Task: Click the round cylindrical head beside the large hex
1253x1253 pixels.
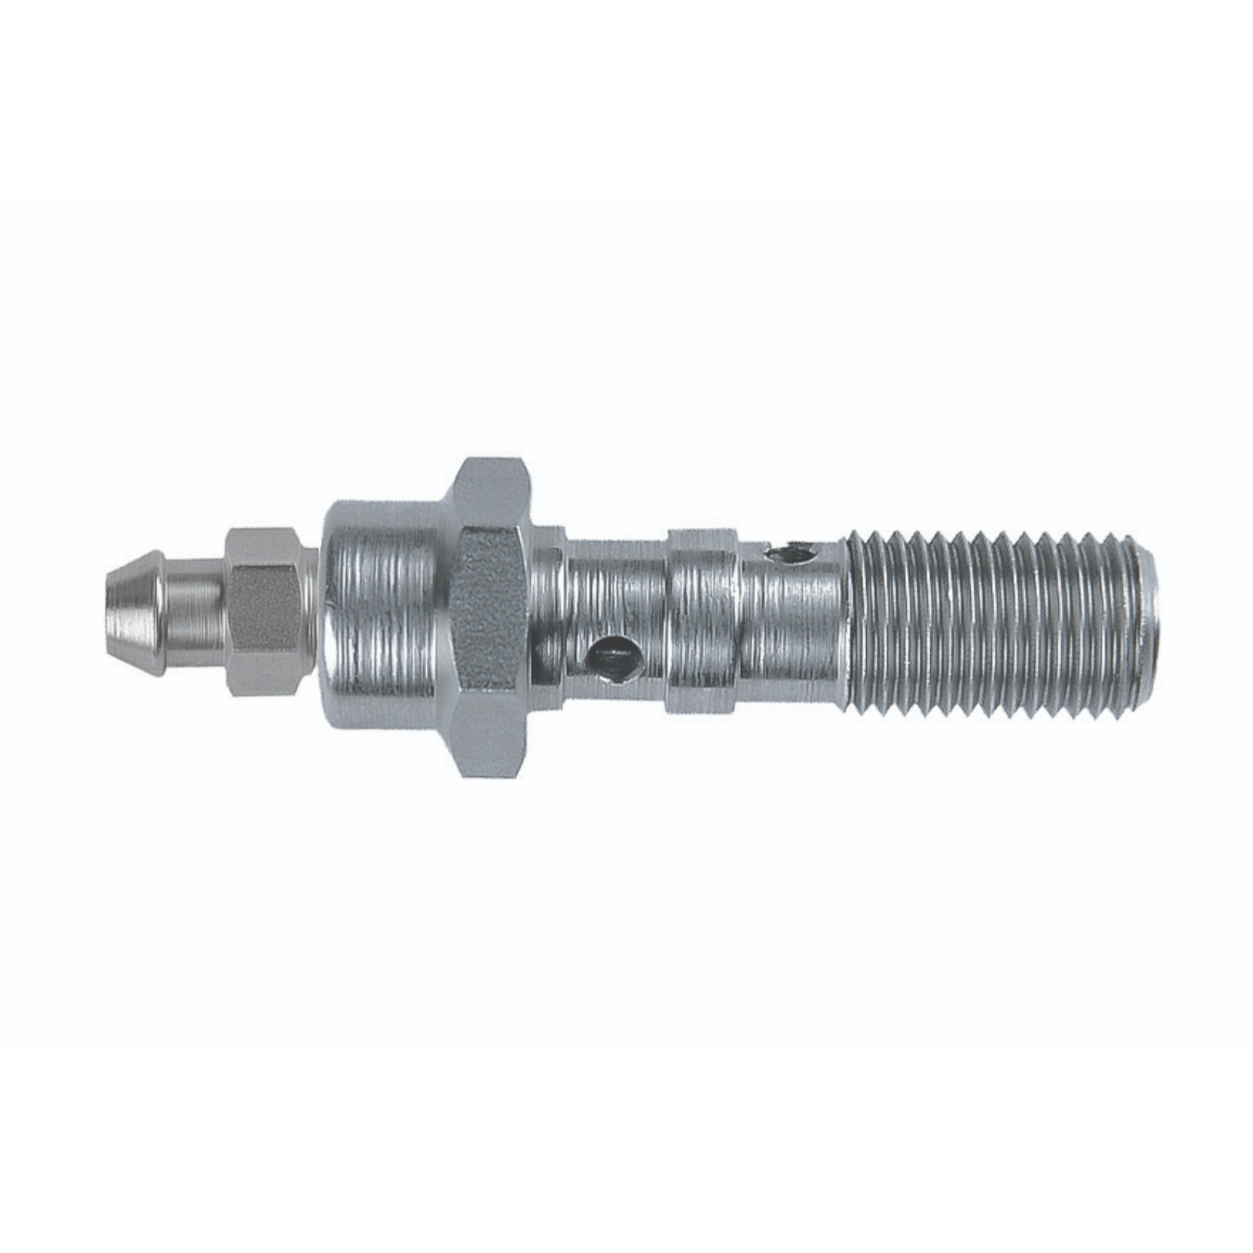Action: click(x=381, y=608)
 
